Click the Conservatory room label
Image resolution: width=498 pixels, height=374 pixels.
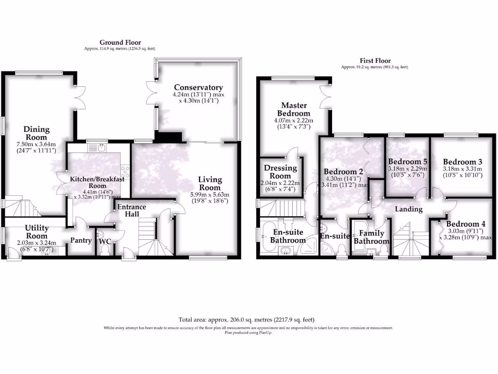(x=198, y=88)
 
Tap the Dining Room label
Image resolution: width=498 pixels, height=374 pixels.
(x=37, y=133)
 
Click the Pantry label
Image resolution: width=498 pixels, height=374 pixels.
(x=81, y=240)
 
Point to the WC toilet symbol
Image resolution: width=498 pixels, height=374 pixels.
(x=104, y=248)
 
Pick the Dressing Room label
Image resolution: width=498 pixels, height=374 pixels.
(x=280, y=172)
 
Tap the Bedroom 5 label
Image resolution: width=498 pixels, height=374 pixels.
(x=408, y=162)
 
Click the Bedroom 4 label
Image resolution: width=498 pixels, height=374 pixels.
(x=466, y=224)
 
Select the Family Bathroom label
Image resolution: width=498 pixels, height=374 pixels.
(x=372, y=237)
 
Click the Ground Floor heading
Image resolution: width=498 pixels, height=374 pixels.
(x=120, y=43)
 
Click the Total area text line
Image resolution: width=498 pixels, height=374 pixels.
(x=247, y=320)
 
